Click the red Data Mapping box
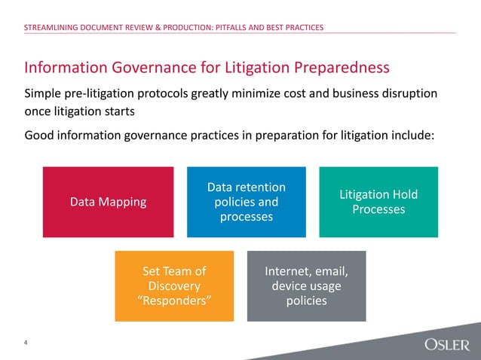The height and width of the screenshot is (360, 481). click(108, 202)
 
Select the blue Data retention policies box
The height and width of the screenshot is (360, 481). click(246, 202)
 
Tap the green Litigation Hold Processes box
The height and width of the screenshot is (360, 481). click(378, 202)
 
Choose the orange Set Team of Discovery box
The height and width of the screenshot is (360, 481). click(175, 286)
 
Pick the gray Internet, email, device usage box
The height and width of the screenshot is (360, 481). click(306, 286)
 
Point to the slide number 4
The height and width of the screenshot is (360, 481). click(26, 343)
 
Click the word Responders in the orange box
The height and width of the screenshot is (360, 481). click(175, 301)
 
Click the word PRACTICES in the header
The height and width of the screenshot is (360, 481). click(302, 28)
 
